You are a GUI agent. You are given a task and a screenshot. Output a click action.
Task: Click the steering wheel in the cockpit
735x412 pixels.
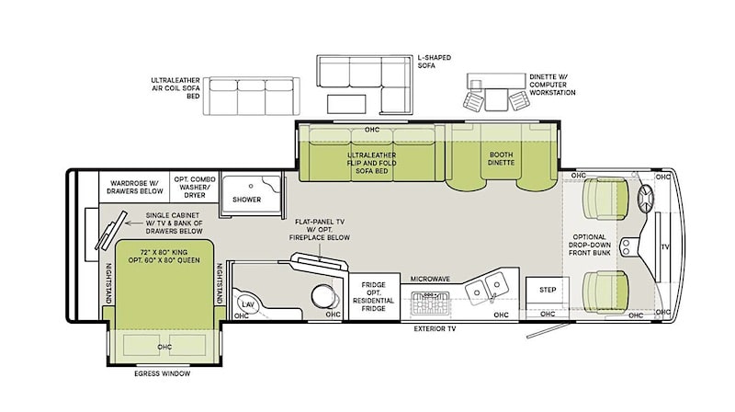pyautogui.click(x=646, y=199)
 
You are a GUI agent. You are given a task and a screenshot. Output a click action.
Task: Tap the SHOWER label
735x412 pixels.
pyautogui.click(x=246, y=200)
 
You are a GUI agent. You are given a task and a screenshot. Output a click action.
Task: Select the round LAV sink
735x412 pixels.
pyautogui.click(x=247, y=304)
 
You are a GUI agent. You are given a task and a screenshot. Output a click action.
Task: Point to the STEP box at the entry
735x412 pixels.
pyautogui.click(x=547, y=290)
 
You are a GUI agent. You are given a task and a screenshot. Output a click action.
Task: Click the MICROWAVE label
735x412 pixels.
pyautogui.click(x=430, y=279)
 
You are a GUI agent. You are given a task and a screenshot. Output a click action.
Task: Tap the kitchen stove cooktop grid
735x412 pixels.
pyautogui.click(x=430, y=303)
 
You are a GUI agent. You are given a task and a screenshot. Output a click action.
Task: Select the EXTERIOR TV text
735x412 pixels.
pyautogui.click(x=435, y=329)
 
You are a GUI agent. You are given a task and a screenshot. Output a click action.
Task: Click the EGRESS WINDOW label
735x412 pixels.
pyautogui.click(x=163, y=373)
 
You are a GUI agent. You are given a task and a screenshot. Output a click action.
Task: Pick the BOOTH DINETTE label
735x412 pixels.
pyautogui.click(x=501, y=158)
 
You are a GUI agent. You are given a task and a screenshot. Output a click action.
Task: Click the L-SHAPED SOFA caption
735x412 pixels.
pyautogui.click(x=435, y=62)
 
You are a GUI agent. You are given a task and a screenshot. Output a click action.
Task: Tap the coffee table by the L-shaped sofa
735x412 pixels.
pyautogui.click(x=346, y=104)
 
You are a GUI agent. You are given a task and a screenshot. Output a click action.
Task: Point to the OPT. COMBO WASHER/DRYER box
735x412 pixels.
pyautogui.click(x=195, y=187)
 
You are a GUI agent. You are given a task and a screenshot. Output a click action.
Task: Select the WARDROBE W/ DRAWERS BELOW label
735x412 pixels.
pyautogui.click(x=135, y=188)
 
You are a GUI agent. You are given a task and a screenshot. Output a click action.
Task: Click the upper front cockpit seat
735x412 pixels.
pyautogui.click(x=605, y=199)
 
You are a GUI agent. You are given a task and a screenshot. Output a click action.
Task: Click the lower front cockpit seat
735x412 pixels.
pyautogui.click(x=605, y=292)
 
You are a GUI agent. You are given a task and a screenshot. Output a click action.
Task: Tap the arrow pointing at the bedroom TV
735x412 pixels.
pyautogui.click(x=134, y=223)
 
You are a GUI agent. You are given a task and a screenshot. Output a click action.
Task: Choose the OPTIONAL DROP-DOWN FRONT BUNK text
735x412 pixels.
pyautogui.click(x=590, y=245)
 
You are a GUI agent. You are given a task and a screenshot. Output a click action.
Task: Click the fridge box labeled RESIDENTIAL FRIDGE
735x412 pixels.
pyautogui.click(x=374, y=296)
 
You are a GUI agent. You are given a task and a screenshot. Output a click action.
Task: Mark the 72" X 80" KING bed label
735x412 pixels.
pyautogui.click(x=164, y=257)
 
